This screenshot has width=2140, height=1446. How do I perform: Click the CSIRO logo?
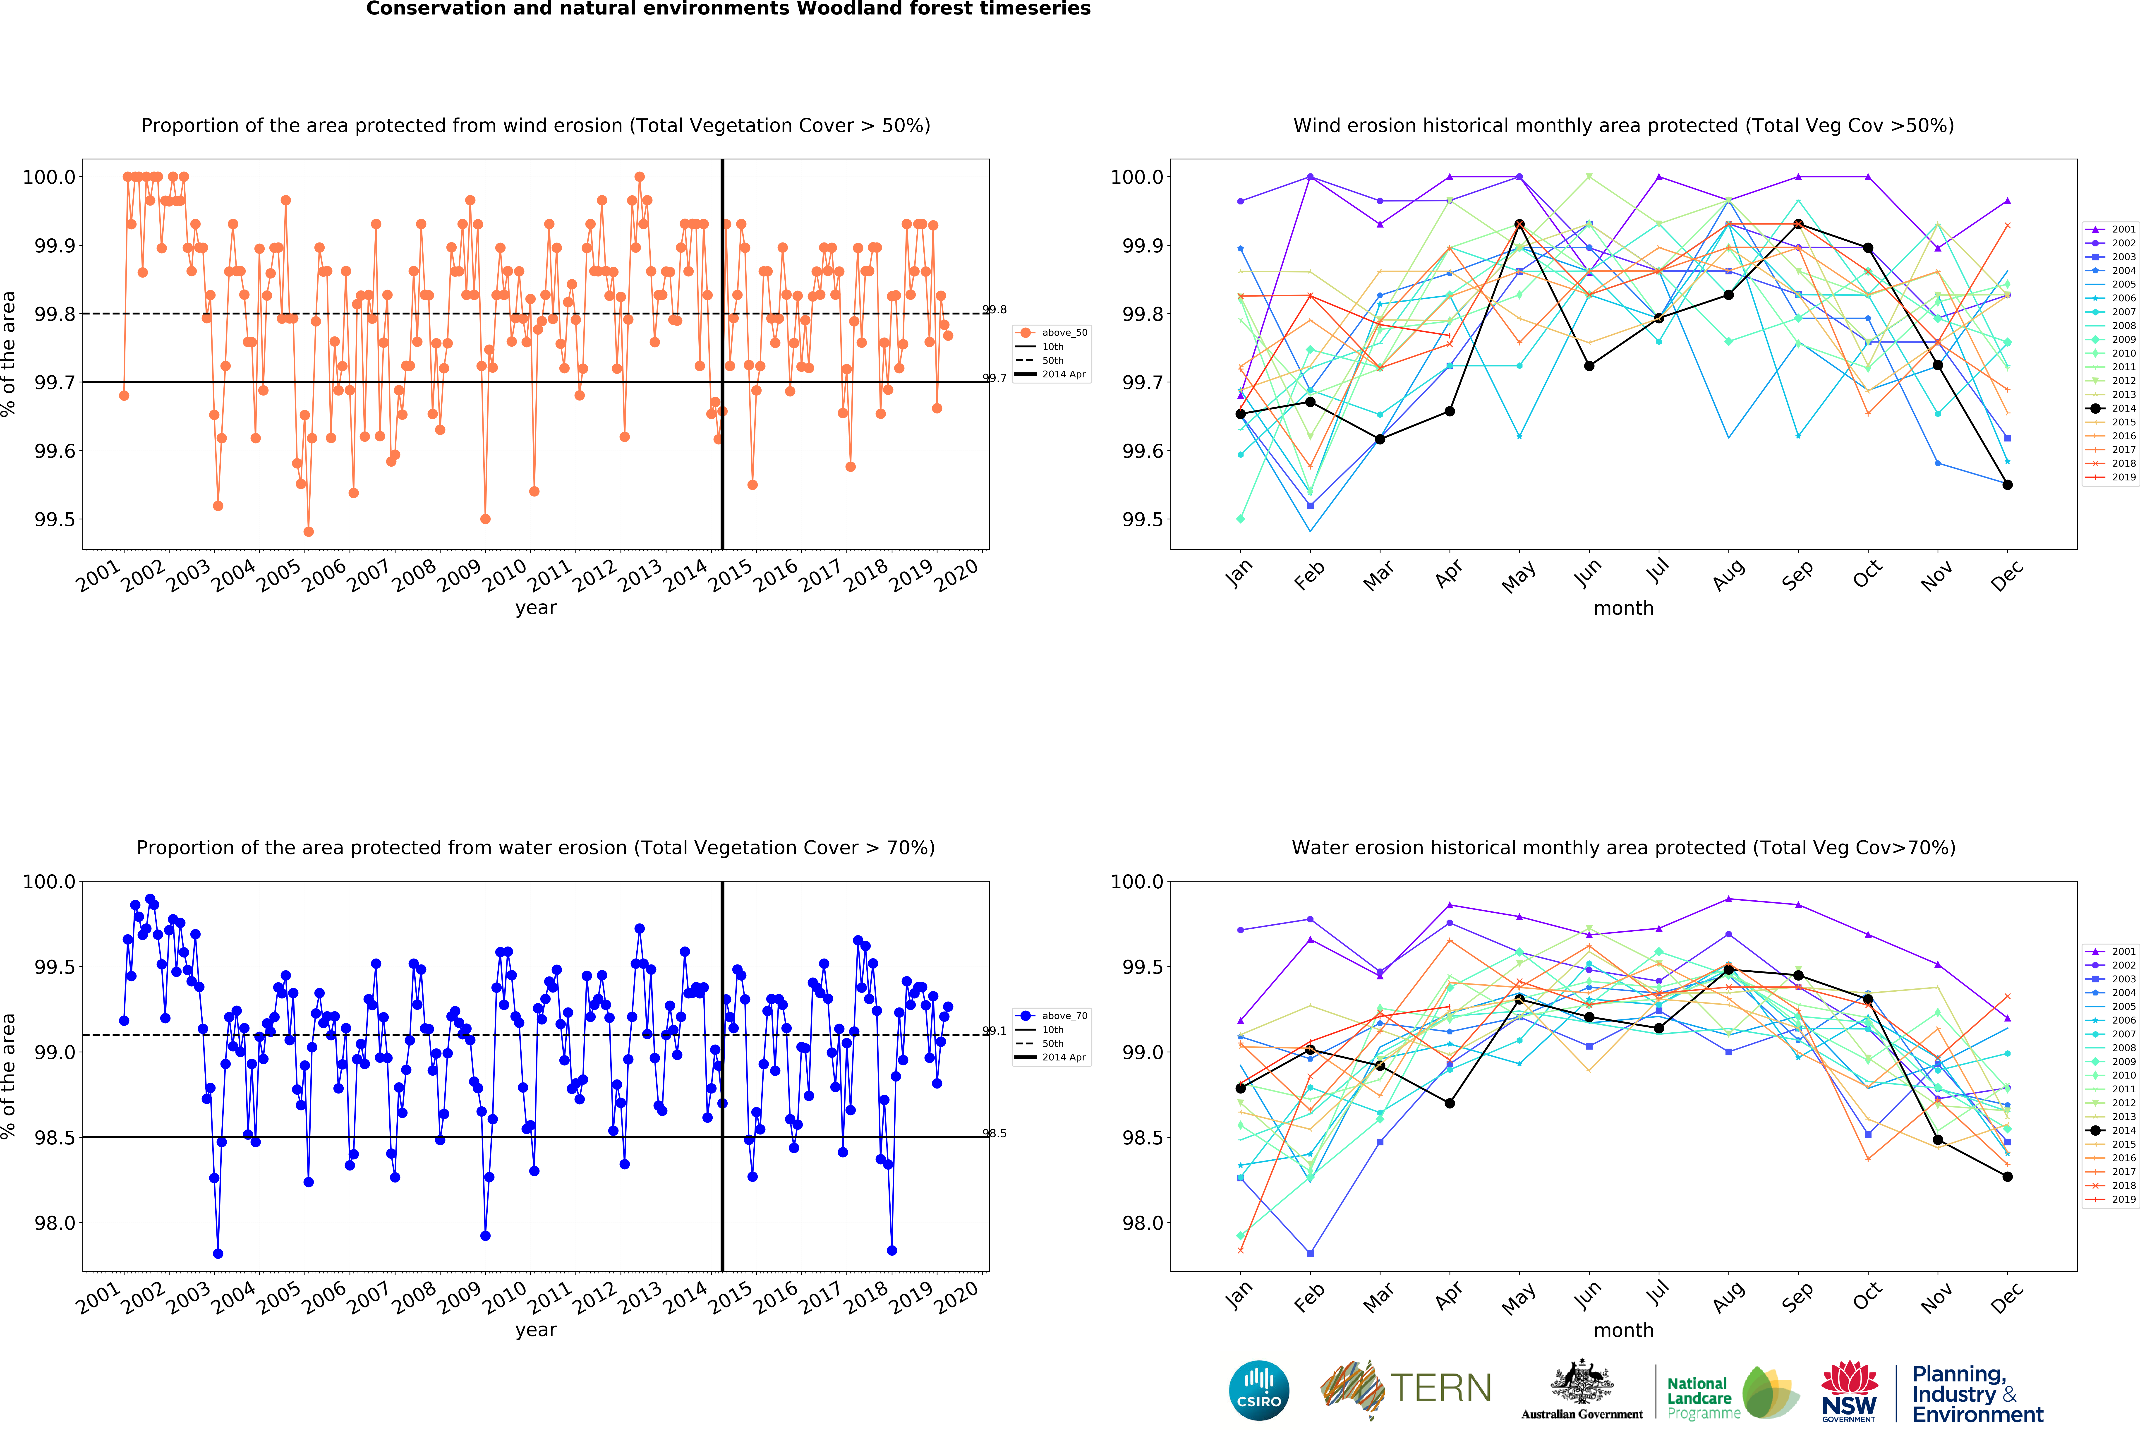1259,1390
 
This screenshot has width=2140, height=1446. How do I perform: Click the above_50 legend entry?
1064,333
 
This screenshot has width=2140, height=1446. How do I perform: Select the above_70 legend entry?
1064,1016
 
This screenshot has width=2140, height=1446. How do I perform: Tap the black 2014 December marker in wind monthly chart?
2007,484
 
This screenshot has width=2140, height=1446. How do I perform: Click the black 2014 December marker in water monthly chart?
2007,1176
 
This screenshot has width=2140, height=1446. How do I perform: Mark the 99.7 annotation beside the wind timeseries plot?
995,378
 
